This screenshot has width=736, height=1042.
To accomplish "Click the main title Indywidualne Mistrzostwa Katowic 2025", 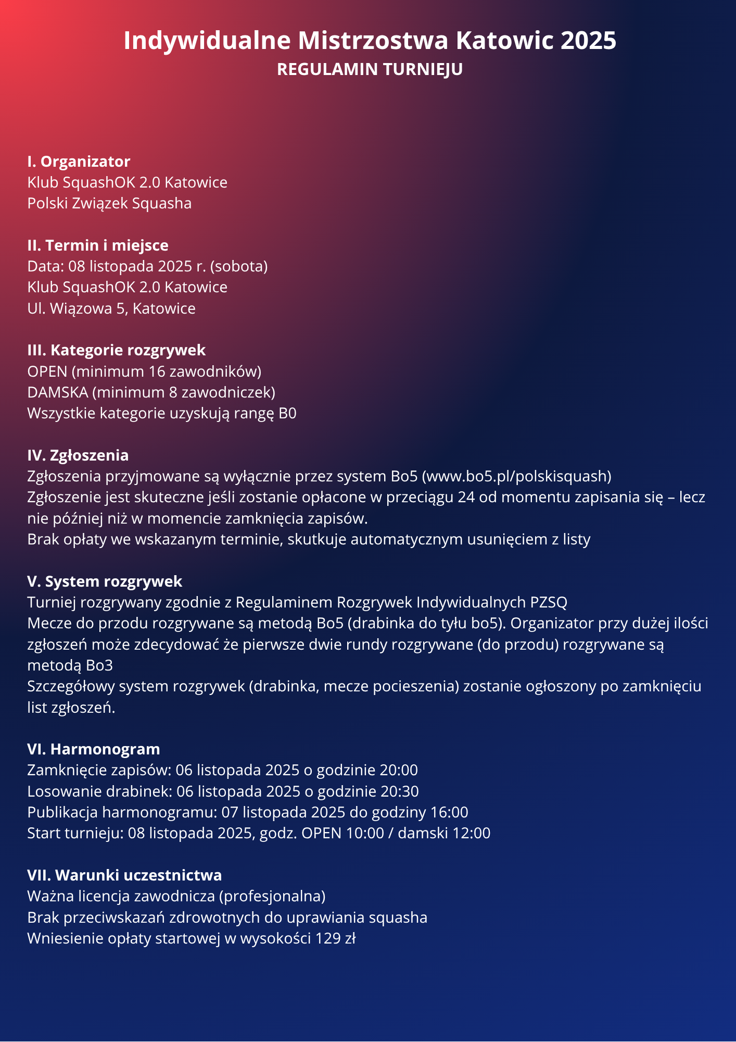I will click(370, 41).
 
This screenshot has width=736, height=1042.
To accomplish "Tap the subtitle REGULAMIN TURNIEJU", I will click(370, 69).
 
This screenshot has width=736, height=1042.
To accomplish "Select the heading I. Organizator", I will click(79, 162).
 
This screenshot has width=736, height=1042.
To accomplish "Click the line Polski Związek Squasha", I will click(109, 203).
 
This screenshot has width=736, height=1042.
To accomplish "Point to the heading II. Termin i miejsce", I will click(98, 245).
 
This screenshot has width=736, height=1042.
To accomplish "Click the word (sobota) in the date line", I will click(239, 266).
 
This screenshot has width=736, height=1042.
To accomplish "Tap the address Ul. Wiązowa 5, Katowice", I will click(111, 308).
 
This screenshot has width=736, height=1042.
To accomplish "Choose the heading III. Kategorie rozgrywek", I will click(117, 350).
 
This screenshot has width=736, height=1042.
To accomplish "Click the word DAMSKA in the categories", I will click(57, 392).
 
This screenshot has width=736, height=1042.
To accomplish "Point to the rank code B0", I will click(287, 413).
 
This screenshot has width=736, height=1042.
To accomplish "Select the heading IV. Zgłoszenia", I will click(78, 455).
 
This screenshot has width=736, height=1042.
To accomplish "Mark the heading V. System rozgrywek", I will click(105, 581).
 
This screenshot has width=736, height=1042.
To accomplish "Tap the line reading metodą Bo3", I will click(70, 665).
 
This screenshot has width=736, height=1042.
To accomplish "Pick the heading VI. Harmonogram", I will click(94, 749).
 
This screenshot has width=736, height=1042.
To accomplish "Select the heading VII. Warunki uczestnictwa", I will click(124, 875).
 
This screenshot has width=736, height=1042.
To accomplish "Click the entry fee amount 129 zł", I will click(335, 938).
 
